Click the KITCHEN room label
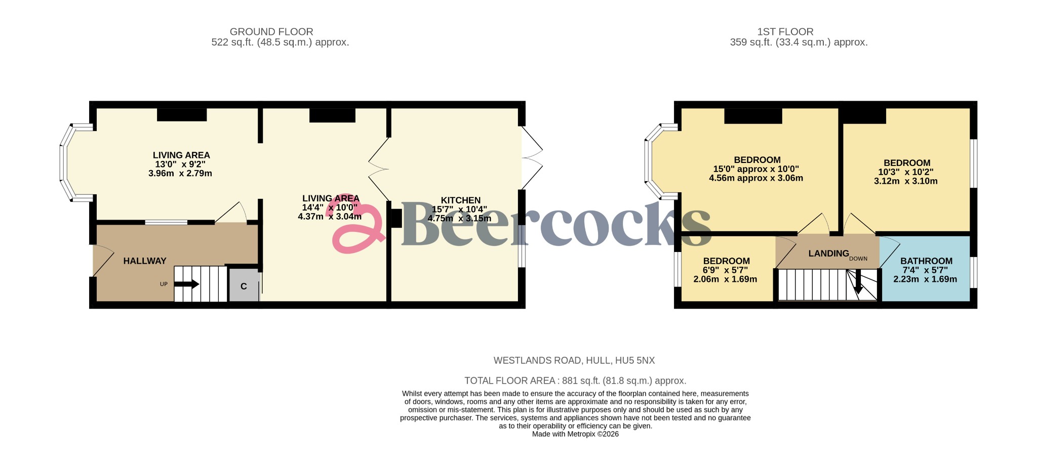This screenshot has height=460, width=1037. (x=460, y=200)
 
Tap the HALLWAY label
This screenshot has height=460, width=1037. (x=145, y=261)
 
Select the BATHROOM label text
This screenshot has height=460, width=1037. (x=926, y=261)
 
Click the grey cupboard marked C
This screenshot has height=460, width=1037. (x=244, y=286)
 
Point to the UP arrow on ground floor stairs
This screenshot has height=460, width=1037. (x=186, y=284)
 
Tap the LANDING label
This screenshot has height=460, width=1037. (x=828, y=254)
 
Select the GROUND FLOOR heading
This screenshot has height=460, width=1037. (x=271, y=32)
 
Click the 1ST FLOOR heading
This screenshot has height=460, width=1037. (x=785, y=32)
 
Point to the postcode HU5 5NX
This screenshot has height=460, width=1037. (x=634, y=361)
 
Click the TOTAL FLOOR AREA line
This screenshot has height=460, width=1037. (x=575, y=381)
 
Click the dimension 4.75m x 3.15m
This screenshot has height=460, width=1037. (x=459, y=219)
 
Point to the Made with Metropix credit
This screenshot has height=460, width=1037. (x=575, y=434)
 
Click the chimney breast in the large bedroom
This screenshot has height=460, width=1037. (x=753, y=116)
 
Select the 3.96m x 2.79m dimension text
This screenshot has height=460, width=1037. (x=180, y=174)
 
